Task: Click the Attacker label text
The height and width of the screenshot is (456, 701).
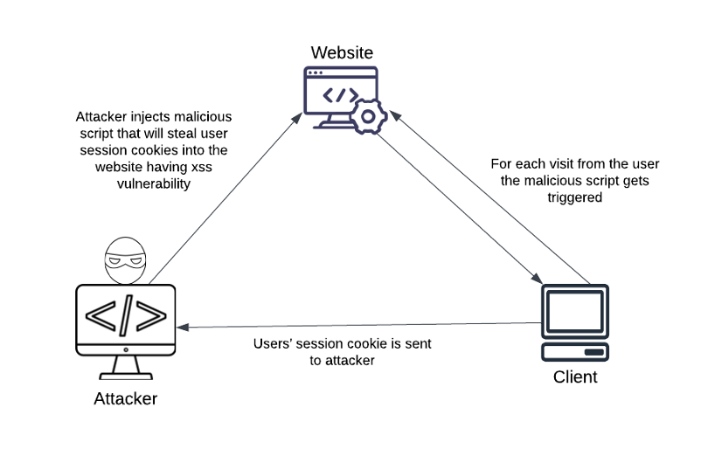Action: coord(126,399)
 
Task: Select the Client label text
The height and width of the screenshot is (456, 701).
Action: coord(575,377)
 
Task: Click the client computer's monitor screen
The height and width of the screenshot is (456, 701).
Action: coord(575,310)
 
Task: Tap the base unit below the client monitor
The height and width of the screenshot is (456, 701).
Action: coord(575,351)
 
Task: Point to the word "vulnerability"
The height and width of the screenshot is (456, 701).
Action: coord(153,184)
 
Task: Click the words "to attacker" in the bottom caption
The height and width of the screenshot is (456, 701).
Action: coord(342,360)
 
